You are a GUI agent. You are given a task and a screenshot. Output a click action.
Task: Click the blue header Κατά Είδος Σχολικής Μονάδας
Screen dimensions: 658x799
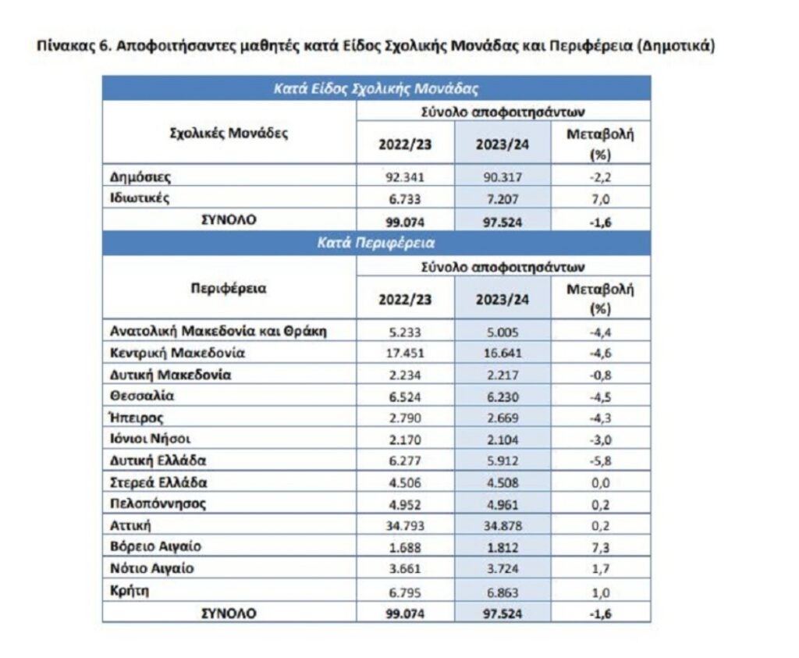click(x=375, y=88)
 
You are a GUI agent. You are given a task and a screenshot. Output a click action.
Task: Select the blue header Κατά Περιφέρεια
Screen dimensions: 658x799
click(x=375, y=243)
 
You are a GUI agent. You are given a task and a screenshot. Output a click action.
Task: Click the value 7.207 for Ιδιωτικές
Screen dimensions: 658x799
click(x=502, y=199)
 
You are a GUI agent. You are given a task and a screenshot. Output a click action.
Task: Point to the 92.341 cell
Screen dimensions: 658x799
click(x=405, y=176)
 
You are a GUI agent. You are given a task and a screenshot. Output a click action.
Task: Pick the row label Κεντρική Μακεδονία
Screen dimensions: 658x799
click(x=178, y=352)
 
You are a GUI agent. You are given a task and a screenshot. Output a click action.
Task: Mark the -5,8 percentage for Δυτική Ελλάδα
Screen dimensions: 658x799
click(x=600, y=460)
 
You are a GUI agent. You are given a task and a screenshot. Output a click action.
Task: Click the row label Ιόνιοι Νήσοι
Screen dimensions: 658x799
click(x=151, y=438)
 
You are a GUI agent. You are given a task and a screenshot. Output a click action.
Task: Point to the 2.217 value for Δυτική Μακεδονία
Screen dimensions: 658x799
click(x=502, y=374)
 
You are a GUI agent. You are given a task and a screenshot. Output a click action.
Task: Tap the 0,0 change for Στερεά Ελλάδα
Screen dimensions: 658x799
click(x=600, y=482)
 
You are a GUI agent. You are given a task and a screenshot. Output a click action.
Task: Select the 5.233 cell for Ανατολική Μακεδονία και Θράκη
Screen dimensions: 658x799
click(x=405, y=331)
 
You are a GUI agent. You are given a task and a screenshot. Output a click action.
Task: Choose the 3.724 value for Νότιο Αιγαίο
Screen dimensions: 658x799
click(x=502, y=568)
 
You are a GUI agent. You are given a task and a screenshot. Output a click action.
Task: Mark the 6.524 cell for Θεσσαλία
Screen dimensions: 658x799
click(x=405, y=395)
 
